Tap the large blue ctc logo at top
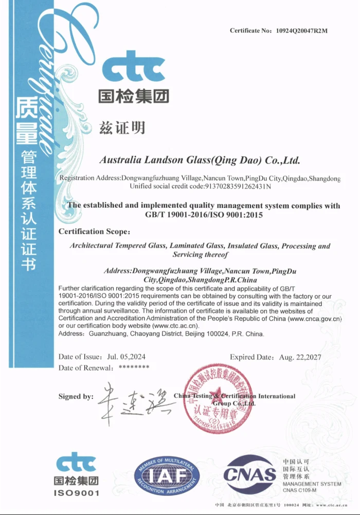click(x=133, y=67)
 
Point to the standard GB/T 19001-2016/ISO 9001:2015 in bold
click(x=204, y=215)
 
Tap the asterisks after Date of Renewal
click(x=134, y=367)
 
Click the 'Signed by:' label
click(x=76, y=397)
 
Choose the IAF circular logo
click(x=166, y=476)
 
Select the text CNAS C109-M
click(x=300, y=490)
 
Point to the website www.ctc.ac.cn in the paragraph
click(x=176, y=326)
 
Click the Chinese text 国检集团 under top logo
click(x=133, y=96)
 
